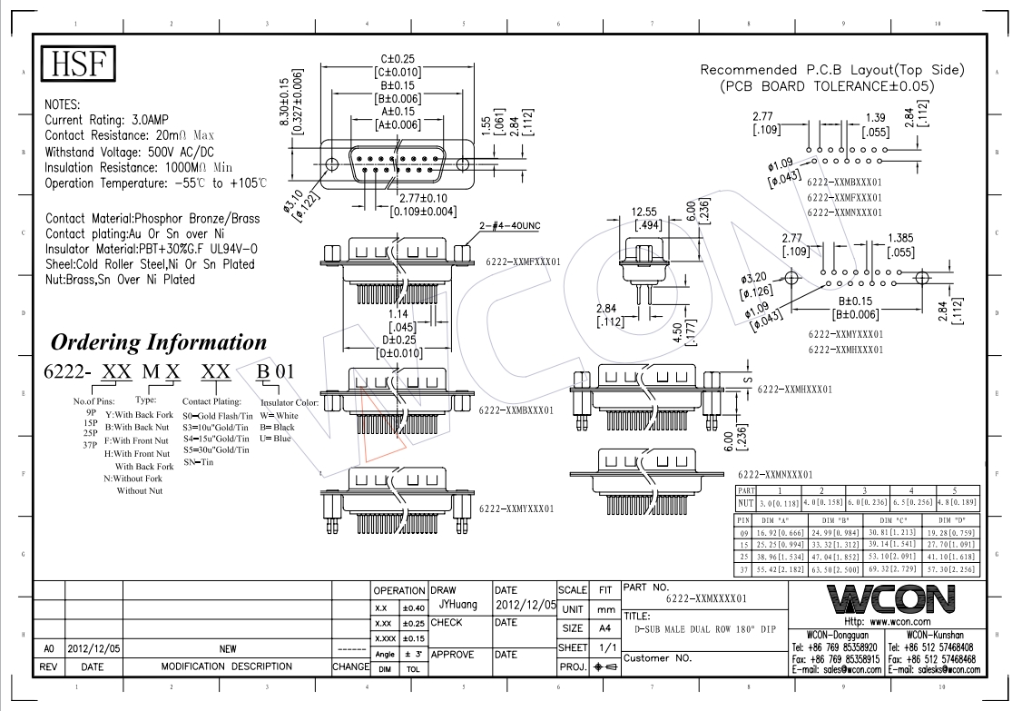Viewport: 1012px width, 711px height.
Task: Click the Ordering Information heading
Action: click(x=159, y=343)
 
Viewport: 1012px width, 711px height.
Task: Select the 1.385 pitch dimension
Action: click(x=901, y=238)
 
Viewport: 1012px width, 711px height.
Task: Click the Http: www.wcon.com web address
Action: click(x=886, y=622)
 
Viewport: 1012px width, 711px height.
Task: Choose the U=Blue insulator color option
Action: click(x=276, y=439)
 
